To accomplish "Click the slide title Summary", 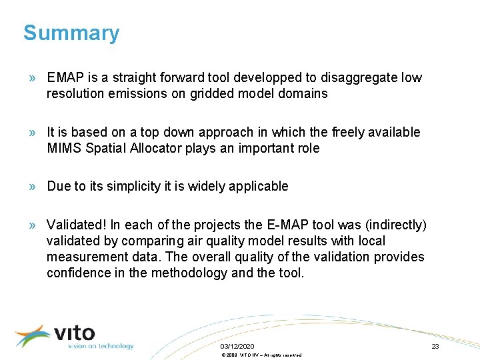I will (x=71, y=33).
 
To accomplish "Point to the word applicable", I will (x=259, y=186).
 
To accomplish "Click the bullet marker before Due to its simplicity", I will (x=32, y=187).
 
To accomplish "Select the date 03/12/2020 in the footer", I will (x=237, y=347).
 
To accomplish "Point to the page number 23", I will (x=435, y=347).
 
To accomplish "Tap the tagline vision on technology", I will (x=100, y=346).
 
